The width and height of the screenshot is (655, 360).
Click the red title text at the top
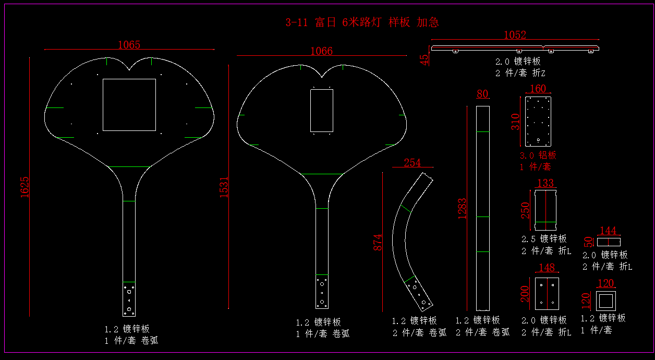(x=362, y=22)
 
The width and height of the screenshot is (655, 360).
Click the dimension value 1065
(x=129, y=45)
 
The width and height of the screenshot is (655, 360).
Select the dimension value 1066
(x=321, y=51)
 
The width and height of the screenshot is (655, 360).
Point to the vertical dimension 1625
(x=25, y=187)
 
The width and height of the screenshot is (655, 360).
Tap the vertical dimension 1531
(x=224, y=187)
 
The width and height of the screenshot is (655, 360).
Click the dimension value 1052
(x=515, y=35)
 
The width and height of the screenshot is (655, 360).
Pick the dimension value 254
(x=413, y=163)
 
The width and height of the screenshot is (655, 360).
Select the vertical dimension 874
(x=378, y=243)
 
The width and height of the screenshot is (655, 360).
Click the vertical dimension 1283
(x=462, y=209)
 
